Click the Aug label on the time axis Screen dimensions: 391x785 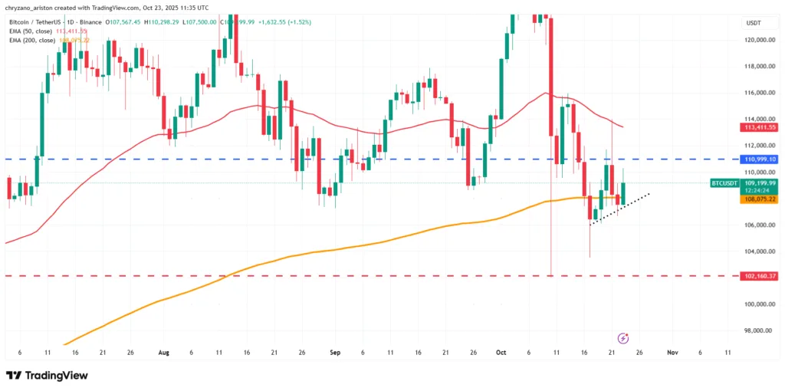coord(163,353)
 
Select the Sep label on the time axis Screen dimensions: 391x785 coord(334,353)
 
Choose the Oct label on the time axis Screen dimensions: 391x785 coord(501,353)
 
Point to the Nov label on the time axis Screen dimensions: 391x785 coord(672,353)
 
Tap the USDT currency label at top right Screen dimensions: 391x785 coord(753,23)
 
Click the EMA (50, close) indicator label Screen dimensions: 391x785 coord(31,31)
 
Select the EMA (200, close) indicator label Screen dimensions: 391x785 coord(32,40)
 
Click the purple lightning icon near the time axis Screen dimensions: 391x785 coord(623,338)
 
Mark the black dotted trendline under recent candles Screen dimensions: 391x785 coord(619,209)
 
